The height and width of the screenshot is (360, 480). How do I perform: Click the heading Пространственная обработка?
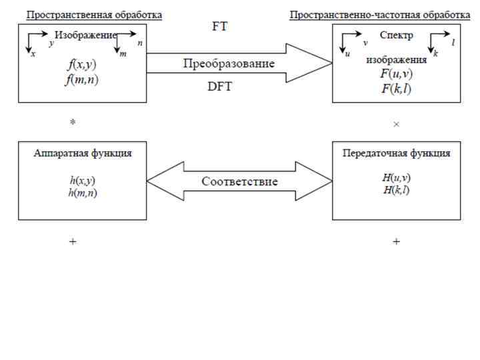coord(94,14)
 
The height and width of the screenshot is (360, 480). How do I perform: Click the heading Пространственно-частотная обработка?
coord(379,14)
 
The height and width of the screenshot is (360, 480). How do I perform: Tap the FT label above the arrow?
coord(221,27)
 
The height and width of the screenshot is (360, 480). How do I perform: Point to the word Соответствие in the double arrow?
coord(239,181)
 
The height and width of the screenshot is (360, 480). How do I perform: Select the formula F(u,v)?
coord(396,73)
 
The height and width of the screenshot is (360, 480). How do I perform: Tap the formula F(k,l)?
coord(396,87)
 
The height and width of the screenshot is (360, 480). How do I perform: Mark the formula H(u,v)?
coord(396,178)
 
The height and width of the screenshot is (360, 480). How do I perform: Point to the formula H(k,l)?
coord(396,191)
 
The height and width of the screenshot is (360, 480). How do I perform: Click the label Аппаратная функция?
coord(82,153)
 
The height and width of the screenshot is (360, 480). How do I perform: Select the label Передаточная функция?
coord(396,153)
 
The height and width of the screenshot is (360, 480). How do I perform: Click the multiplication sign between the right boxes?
coord(397,125)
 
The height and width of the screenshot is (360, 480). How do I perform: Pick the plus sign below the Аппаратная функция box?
coord(73,242)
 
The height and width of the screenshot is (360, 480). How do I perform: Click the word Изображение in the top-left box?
coord(85,35)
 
